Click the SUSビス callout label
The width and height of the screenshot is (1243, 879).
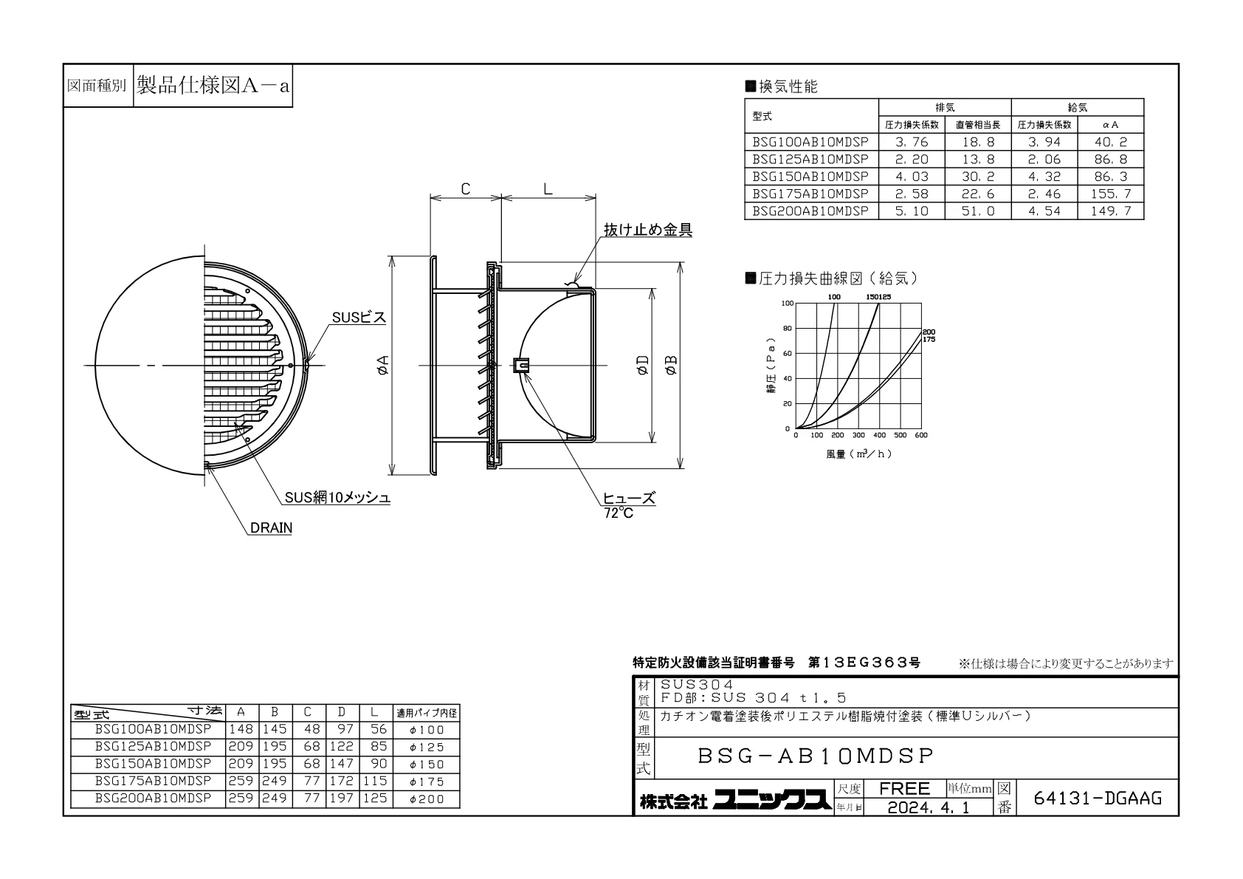click(x=359, y=317)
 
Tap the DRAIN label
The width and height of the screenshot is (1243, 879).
click(x=271, y=527)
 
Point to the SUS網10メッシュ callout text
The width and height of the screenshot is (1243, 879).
click(x=337, y=498)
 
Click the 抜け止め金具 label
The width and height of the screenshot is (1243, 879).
click(x=647, y=230)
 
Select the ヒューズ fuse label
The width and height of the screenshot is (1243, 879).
click(x=630, y=498)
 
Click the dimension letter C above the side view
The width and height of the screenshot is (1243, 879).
click(x=466, y=189)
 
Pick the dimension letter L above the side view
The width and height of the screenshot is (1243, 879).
click(x=548, y=189)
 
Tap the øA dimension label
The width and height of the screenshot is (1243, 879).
click(x=382, y=365)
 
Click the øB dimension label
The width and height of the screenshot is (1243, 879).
click(x=671, y=365)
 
